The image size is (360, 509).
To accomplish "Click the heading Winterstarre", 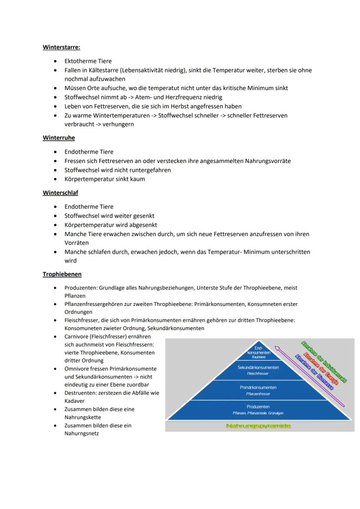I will [61, 47].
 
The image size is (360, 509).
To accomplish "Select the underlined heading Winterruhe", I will [59, 138].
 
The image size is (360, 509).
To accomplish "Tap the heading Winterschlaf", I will [60, 193].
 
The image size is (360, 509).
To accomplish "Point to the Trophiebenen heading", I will [62, 274].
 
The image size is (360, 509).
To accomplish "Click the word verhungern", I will [118, 124].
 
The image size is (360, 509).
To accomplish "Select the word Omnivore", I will [77, 369].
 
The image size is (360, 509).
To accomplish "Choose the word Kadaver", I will [74, 401].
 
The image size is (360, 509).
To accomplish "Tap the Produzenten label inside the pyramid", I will [258, 407].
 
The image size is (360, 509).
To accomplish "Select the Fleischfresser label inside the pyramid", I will [258, 373].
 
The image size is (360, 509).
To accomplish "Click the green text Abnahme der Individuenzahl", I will [324, 362].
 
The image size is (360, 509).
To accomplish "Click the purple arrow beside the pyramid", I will [311, 374].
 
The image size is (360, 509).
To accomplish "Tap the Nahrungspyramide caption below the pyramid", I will [258, 426].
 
